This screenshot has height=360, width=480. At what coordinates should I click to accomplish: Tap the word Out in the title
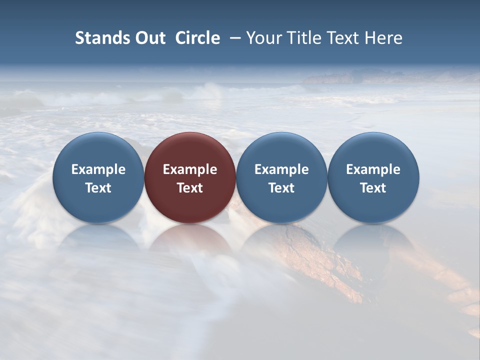[x=148, y=38]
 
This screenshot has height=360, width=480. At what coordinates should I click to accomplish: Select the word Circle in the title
[x=197, y=38]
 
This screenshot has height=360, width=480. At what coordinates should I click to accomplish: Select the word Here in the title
[x=383, y=38]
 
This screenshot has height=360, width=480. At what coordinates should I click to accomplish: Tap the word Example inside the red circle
[x=190, y=169]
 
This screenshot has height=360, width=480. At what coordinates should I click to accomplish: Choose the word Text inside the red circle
[x=190, y=188]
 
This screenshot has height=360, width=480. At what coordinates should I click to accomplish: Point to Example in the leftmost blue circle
[x=98, y=169]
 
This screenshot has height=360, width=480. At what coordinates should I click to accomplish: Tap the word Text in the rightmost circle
[x=373, y=188]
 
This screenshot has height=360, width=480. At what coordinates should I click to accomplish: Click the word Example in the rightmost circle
[x=373, y=169]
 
